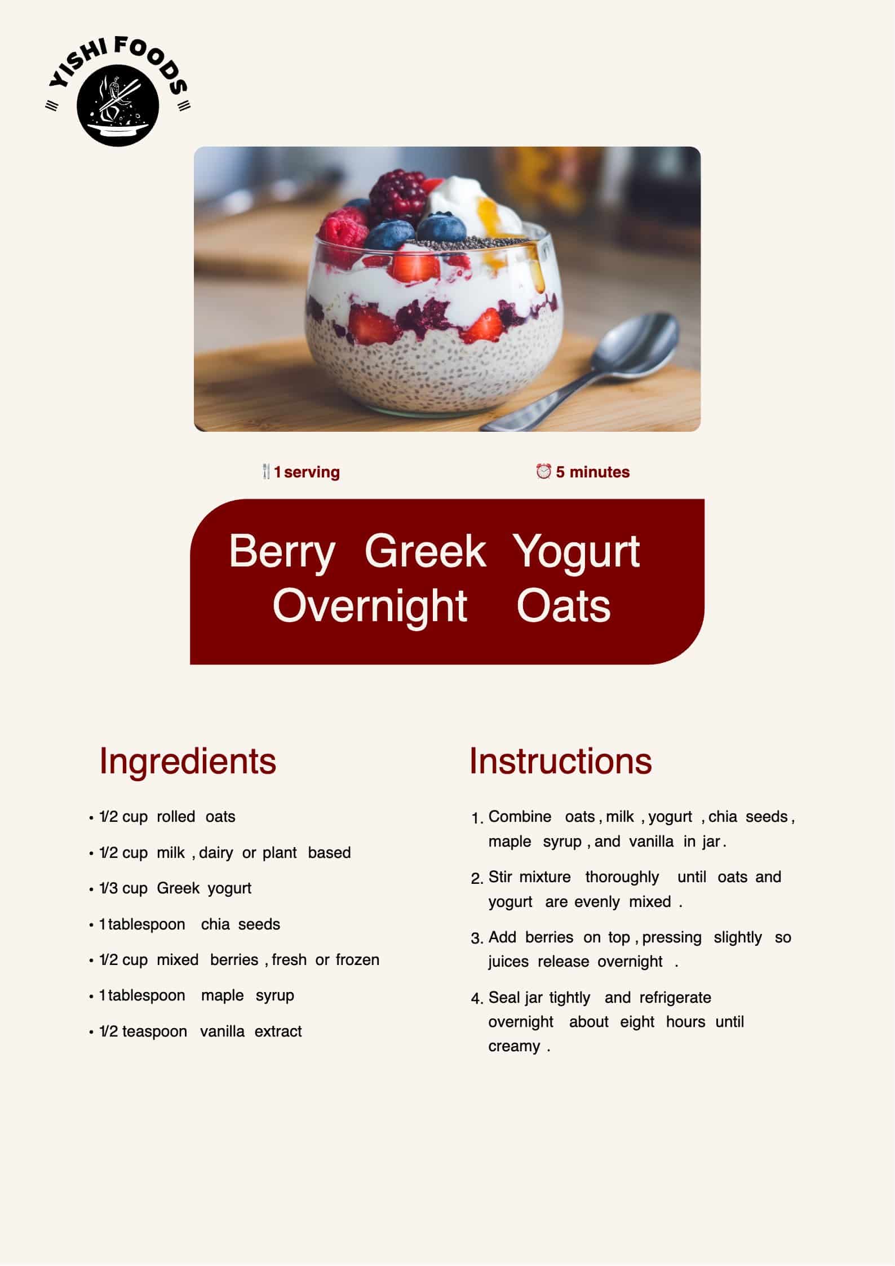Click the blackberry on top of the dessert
[x=398, y=197]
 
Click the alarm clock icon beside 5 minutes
[x=543, y=471]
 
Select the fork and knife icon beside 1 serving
[x=267, y=472]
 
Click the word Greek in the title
[x=425, y=551]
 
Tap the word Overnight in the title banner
[x=370, y=607]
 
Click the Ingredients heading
[x=188, y=762]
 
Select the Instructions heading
[x=561, y=761]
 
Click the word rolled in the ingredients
[x=176, y=817]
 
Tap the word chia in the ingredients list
[x=215, y=924]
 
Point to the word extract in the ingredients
[x=278, y=1032]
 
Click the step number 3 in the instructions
[x=477, y=939]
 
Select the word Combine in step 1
[x=520, y=817]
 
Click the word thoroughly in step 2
[x=622, y=878]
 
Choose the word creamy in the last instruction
[x=514, y=1047]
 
